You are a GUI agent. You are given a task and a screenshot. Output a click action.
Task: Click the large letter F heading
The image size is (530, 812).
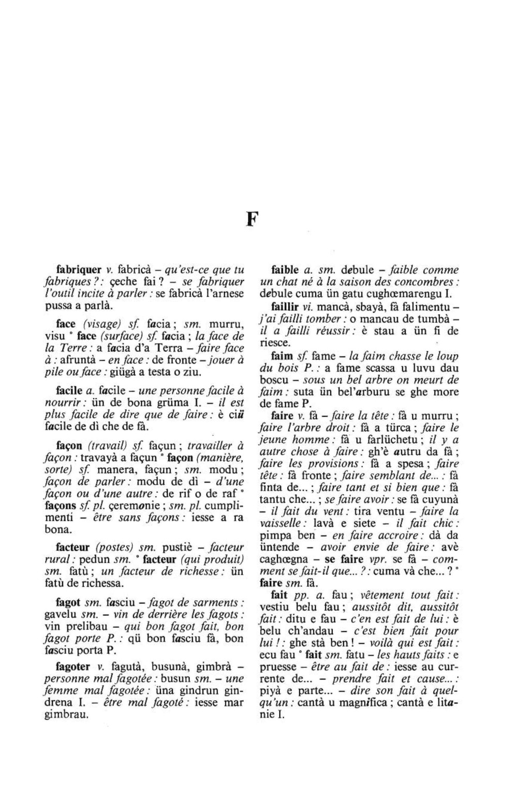point(252,219)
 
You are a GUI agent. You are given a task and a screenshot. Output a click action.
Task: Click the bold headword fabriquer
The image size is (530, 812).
point(78,270)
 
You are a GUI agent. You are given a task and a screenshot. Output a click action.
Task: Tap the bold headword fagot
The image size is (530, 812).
point(68,603)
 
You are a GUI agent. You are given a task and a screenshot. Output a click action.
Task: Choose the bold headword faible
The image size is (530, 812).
point(285,270)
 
